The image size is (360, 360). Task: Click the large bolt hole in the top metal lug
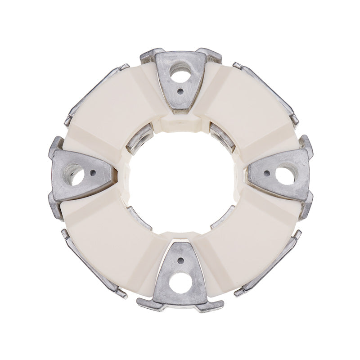(x=180, y=72)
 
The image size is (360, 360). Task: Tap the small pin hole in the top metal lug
(x=180, y=91)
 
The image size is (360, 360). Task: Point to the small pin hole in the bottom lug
(x=180, y=261)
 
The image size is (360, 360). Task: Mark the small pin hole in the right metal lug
(x=266, y=173)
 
